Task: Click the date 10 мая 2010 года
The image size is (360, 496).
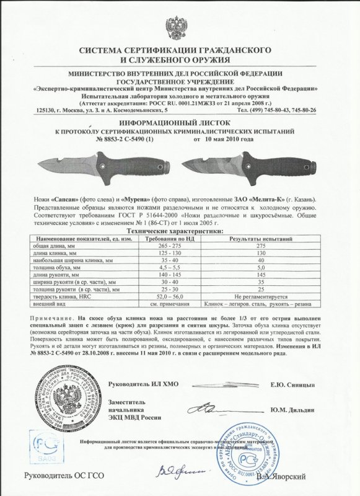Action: tap(224, 139)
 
